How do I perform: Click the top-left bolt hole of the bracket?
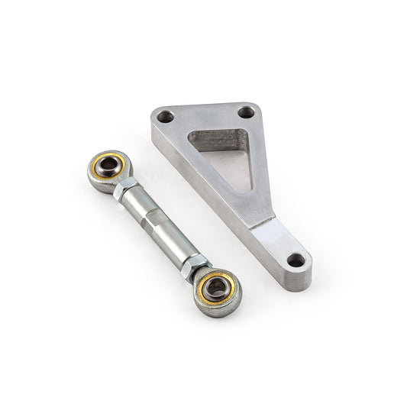(x=165, y=117)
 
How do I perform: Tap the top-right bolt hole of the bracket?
(x=246, y=112)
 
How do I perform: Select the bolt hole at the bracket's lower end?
(x=295, y=260)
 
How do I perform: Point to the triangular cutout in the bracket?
(x=229, y=157)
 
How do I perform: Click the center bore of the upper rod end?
(x=108, y=164)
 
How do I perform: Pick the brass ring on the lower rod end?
(x=227, y=281)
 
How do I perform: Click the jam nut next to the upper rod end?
(x=127, y=187)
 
